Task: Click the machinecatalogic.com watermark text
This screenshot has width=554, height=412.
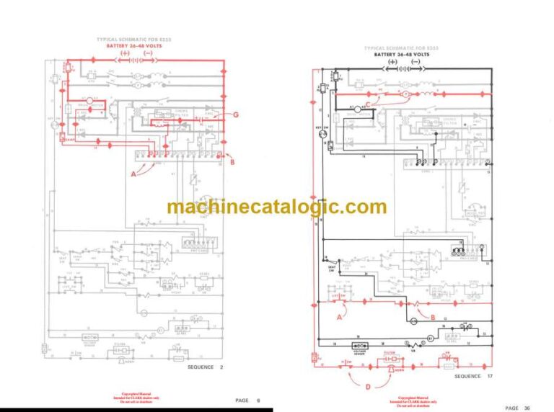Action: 276,207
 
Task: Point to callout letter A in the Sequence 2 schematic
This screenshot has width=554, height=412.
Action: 133,174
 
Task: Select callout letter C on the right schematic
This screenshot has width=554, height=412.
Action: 369,104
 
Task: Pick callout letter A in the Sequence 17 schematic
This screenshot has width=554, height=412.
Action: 340,315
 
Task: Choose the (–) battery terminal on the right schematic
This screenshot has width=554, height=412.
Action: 415,63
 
